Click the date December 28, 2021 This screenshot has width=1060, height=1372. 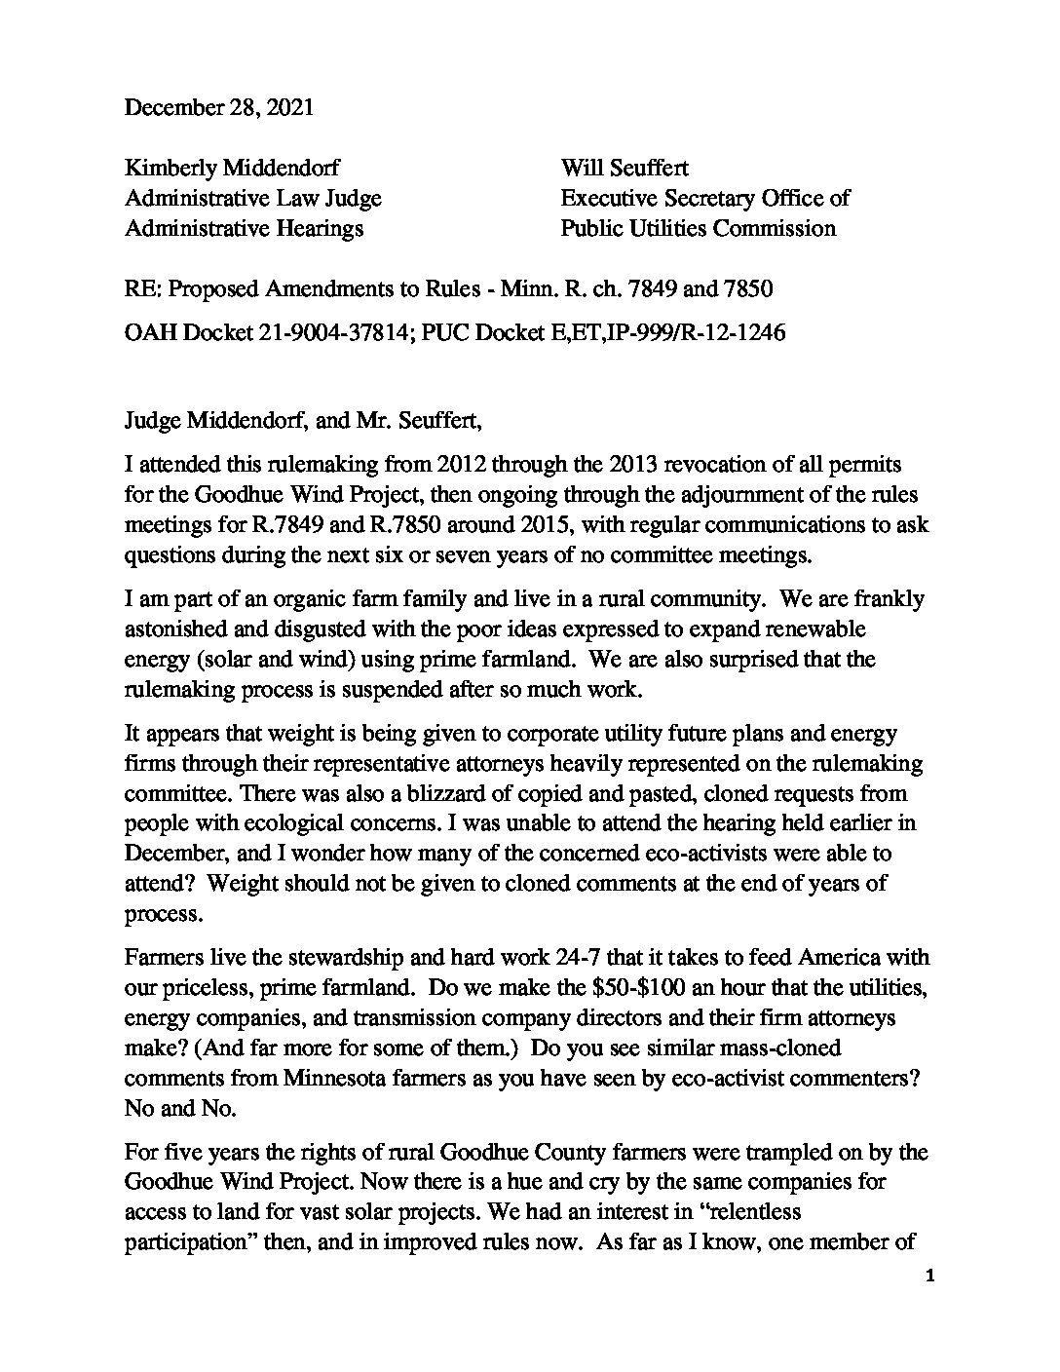(x=219, y=107)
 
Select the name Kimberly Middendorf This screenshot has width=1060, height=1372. (x=232, y=168)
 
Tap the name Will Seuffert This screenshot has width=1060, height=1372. (x=625, y=168)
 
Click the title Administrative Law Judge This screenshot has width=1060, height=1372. (x=253, y=198)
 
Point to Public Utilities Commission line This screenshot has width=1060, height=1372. (x=698, y=228)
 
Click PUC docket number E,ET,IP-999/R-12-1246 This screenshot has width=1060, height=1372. (x=666, y=332)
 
